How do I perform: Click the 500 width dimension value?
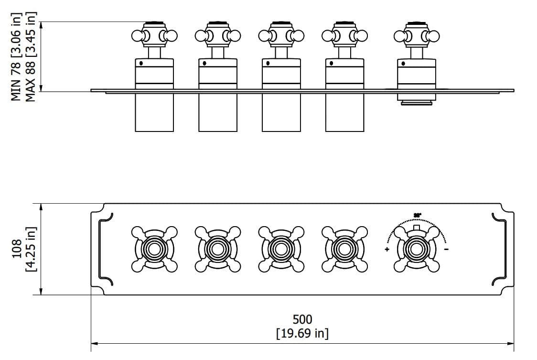tap(302, 319)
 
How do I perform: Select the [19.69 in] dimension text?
tap(302, 333)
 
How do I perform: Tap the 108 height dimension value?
tap(17, 249)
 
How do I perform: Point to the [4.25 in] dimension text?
tap(31, 249)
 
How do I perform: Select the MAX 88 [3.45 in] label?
tap(31, 56)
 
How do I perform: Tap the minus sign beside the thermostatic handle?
tap(446, 250)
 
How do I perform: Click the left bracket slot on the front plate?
tap(104, 249)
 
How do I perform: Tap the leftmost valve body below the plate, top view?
tap(154, 112)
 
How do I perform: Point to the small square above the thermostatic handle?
tap(417, 228)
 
